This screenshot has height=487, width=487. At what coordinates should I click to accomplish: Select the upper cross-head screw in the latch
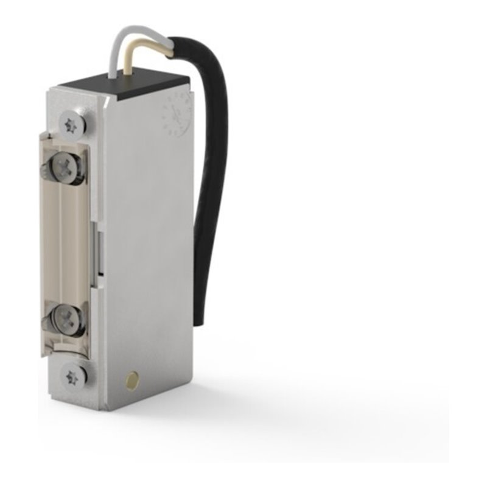(x=65, y=165)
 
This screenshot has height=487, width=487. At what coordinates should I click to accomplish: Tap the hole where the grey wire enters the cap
(x=113, y=77)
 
